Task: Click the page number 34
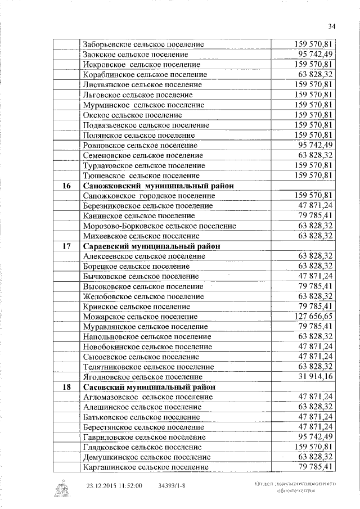pos(331,26)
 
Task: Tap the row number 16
pos(66,186)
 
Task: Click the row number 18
pos(66,388)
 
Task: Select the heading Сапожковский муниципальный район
pos(158,186)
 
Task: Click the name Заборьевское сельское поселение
pos(143,44)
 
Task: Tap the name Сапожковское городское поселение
pos(148,196)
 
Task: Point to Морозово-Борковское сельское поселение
pos(159,226)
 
